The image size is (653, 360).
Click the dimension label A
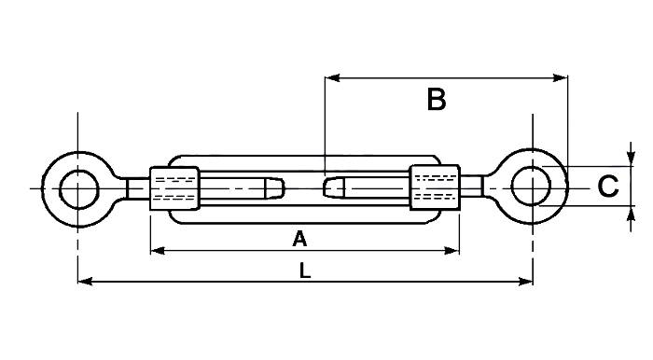coord(299,240)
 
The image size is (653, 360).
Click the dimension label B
coord(436,100)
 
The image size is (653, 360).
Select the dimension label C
coord(607,187)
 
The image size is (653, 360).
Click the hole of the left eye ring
coord(77,189)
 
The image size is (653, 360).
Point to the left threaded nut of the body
coord(174,189)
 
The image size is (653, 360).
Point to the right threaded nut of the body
coord(435,188)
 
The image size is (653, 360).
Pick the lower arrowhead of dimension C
coord(632,216)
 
